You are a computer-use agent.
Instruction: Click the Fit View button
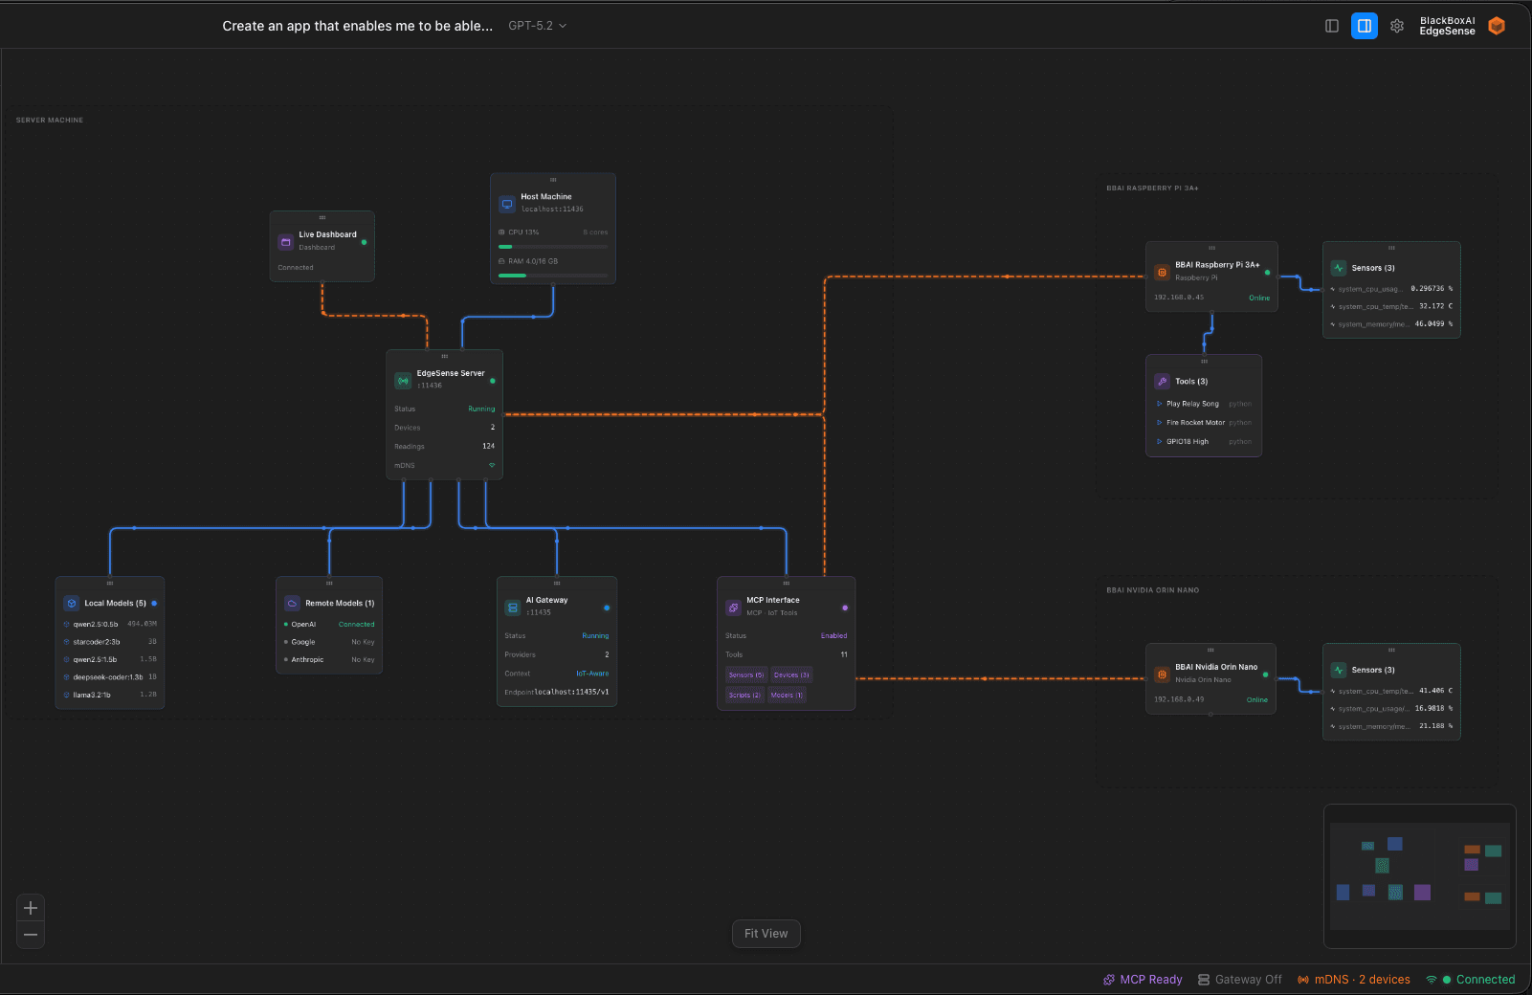[766, 934]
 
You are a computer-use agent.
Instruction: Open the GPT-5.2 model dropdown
[537, 26]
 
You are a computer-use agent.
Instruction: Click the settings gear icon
[1396, 26]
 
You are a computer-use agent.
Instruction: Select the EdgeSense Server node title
[451, 373]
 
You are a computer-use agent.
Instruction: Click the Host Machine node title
[546, 196]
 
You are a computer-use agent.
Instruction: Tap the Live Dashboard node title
[327, 234]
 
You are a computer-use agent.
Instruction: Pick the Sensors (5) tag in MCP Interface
[746, 675]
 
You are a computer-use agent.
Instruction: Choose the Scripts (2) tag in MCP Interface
[744, 696]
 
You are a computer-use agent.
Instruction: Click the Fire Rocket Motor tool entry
[1195, 423]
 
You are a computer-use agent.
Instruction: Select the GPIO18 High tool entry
[1187, 442]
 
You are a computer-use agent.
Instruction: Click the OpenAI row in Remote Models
[303, 625]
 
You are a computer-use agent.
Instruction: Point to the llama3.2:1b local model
[92, 696]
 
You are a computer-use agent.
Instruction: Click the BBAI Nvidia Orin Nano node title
[1216, 667]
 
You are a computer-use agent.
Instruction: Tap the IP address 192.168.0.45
[1179, 298]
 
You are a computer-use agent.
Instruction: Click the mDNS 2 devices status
[1354, 980]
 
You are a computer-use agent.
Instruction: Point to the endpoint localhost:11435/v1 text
[571, 692]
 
